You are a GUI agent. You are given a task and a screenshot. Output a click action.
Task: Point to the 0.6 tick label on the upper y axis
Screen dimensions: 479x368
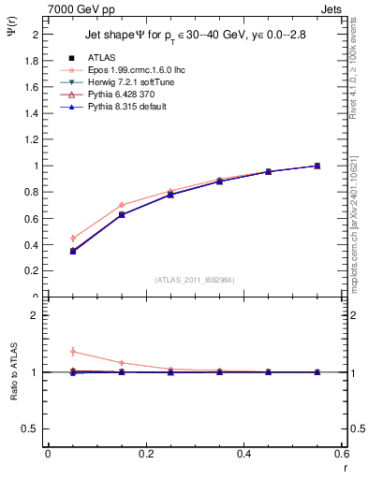30,219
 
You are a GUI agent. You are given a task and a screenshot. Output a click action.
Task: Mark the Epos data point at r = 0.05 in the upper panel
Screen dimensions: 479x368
72,239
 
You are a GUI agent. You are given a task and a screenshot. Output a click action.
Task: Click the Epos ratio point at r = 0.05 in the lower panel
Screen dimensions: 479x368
72,352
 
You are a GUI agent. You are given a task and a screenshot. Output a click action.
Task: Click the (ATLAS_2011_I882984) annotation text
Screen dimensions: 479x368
194,280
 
